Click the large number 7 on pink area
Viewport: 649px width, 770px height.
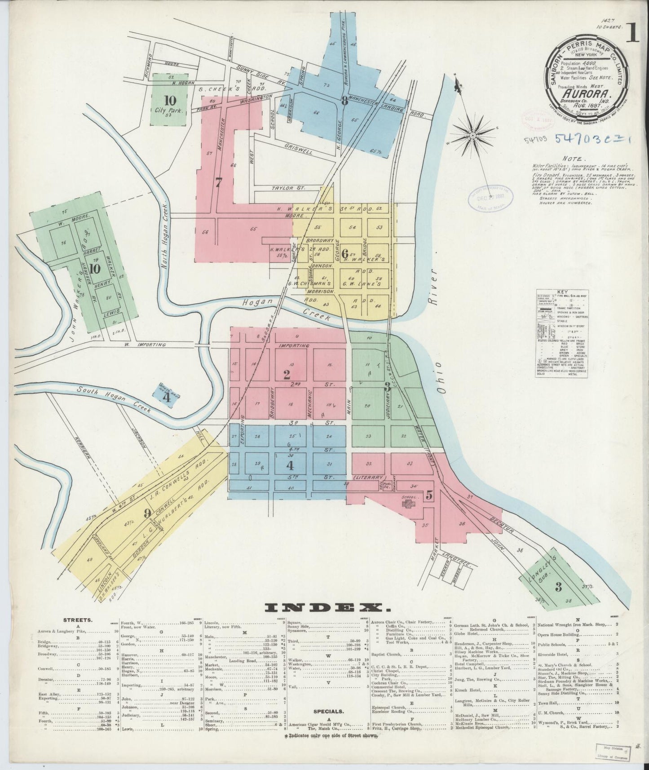point(219,183)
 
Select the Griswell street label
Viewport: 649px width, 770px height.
point(299,150)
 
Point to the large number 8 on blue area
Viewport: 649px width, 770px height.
point(344,101)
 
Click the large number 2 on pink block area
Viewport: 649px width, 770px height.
point(286,374)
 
